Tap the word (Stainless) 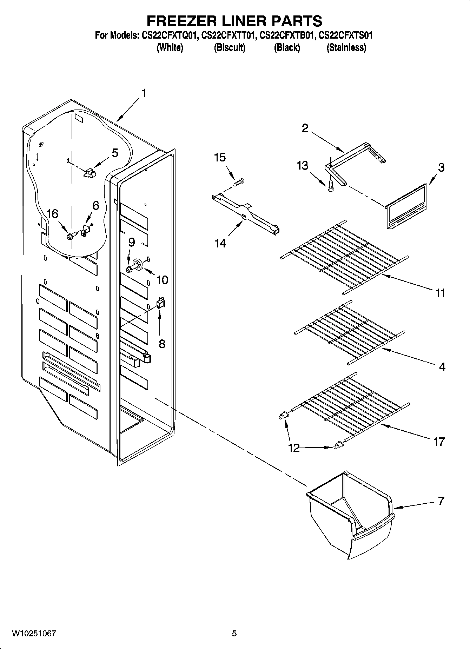346,47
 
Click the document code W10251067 34,633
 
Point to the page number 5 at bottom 234,633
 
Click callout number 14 220,243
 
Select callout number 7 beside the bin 441,501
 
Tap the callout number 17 439,441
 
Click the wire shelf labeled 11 344,256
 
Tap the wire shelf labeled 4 349,332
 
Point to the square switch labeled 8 160,303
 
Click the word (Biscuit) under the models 230,47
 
